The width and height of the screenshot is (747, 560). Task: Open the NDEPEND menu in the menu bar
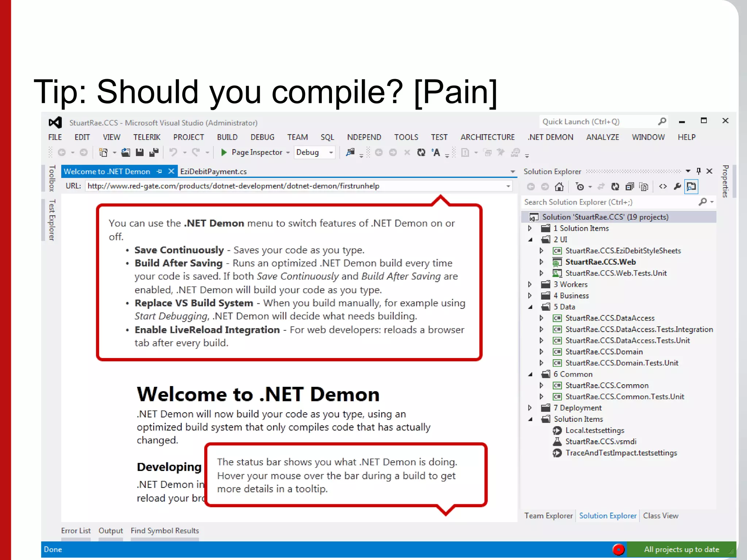pos(364,137)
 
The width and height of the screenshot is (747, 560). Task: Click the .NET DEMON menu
pos(550,137)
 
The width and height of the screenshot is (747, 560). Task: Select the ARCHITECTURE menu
pos(487,137)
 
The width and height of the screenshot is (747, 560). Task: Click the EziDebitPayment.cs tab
pos(213,171)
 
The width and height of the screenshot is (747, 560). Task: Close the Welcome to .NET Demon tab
pos(171,171)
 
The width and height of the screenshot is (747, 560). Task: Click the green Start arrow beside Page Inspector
pos(224,152)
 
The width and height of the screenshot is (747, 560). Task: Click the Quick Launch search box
pos(598,122)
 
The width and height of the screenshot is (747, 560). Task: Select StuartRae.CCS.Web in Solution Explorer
pos(600,262)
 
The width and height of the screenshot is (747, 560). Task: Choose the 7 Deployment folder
pos(580,408)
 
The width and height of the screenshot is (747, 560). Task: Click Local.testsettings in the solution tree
pos(595,430)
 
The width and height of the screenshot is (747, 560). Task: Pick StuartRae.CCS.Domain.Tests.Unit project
pos(622,363)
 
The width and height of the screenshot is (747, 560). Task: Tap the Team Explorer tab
pos(548,516)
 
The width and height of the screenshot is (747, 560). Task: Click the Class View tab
pos(660,516)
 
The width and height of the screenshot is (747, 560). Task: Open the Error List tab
pos(76,530)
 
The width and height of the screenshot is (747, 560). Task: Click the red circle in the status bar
pos(618,549)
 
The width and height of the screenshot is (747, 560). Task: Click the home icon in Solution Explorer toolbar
pos(559,187)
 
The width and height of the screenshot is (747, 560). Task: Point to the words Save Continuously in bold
pos(179,250)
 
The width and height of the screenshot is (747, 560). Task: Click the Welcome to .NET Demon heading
pos(258,394)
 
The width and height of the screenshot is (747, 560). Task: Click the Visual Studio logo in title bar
pos(55,122)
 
